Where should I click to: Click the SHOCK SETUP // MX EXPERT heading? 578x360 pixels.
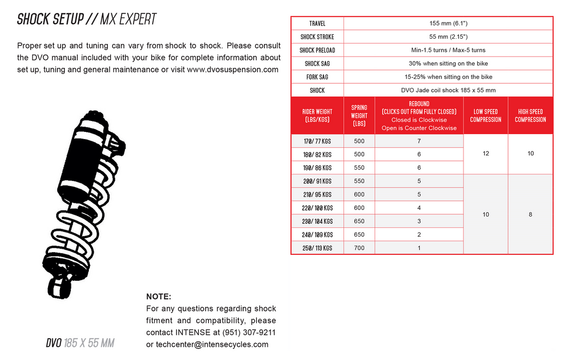click(x=87, y=19)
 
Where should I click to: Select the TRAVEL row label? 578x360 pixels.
click(x=317, y=23)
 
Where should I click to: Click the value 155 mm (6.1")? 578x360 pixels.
click(x=448, y=23)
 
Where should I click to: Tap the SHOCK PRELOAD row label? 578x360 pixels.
click(x=317, y=50)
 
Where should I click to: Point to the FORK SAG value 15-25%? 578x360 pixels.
click(x=448, y=77)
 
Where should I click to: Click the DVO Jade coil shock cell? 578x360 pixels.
click(x=448, y=90)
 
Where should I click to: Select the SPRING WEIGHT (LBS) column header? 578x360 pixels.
click(x=359, y=116)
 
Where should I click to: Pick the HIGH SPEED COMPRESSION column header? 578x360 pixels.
click(x=530, y=116)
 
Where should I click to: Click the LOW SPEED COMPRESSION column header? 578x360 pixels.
click(x=485, y=116)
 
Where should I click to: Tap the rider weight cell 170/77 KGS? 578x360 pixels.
click(x=317, y=141)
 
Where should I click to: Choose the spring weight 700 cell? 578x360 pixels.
click(x=359, y=248)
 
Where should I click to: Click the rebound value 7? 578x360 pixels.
click(x=419, y=141)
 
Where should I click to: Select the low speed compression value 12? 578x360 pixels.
click(x=485, y=154)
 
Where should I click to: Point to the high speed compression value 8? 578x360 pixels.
click(x=530, y=214)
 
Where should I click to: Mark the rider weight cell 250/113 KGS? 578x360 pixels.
click(x=317, y=248)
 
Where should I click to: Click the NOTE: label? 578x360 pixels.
click(x=159, y=297)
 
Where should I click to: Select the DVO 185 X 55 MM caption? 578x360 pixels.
click(x=80, y=343)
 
